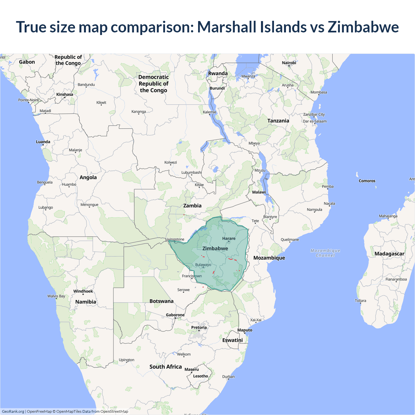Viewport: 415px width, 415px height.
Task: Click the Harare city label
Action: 229,239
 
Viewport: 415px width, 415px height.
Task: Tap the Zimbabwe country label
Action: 215,249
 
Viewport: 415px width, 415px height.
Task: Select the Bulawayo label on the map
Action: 203,265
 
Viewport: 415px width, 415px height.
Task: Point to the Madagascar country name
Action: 389,254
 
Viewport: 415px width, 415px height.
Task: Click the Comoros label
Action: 367,181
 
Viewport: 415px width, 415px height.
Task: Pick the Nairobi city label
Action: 289,63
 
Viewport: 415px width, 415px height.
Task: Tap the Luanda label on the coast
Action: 43,142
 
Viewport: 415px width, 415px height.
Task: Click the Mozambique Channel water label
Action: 325,253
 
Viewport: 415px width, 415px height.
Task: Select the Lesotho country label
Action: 201,376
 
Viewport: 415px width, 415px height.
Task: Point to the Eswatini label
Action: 232,340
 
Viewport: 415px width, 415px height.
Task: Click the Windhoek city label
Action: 83,291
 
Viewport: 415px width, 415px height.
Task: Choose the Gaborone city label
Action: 175,315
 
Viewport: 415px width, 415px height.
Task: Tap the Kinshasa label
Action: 65,95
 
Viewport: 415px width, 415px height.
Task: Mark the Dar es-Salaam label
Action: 315,121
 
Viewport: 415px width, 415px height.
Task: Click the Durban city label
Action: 228,377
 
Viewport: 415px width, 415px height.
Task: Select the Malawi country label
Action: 259,192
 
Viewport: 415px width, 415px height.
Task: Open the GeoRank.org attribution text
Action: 13,411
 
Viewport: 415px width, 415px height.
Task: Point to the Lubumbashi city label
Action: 192,172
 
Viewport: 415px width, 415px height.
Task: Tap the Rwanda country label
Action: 218,74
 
